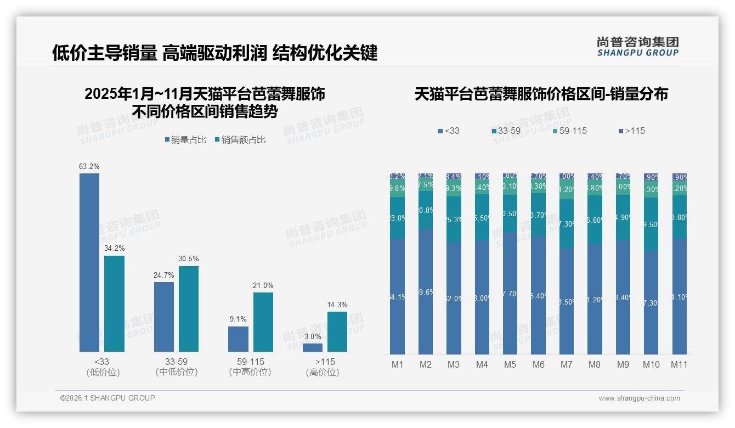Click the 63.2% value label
click(x=89, y=166)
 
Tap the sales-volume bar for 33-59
click(x=164, y=317)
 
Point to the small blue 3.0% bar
click(x=313, y=347)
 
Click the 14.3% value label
click(x=337, y=305)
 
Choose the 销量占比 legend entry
click(x=185, y=140)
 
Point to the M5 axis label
click(x=510, y=364)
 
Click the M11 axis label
click(x=679, y=364)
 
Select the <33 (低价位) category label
click(x=103, y=367)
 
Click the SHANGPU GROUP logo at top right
click(x=637, y=47)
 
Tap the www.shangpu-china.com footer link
click(x=639, y=398)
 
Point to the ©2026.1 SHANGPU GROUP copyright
click(x=108, y=398)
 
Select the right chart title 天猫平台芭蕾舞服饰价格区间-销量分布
click(x=541, y=94)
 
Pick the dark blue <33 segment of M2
click(x=426, y=291)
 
